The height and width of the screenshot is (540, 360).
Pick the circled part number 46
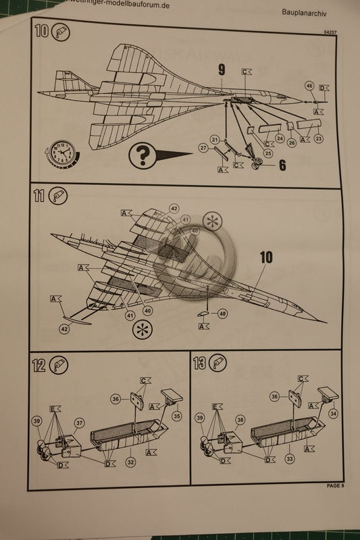click(309, 86)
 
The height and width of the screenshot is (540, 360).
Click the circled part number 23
click(318, 138)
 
